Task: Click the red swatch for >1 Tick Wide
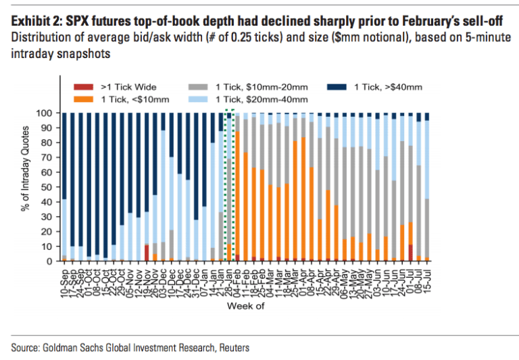pos(81,87)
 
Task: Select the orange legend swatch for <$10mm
pos(81,99)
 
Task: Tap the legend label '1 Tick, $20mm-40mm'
pos(270,99)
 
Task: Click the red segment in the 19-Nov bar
pos(146,252)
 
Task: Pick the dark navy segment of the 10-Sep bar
pos(64,155)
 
